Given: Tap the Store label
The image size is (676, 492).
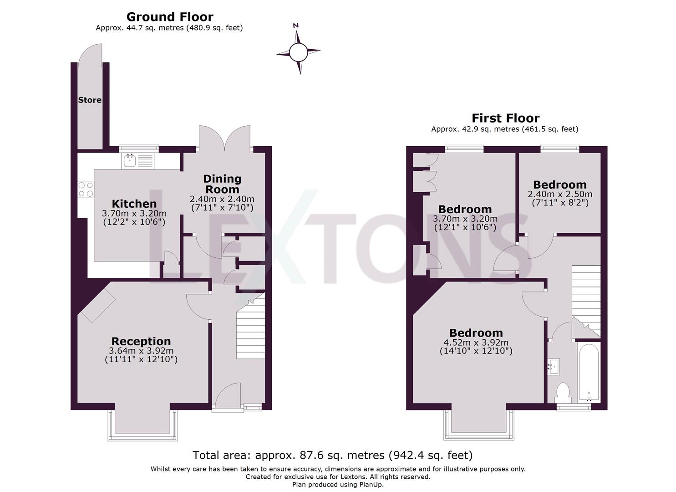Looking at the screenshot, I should point(90,100).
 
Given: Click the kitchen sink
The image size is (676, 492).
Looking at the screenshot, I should point(138,160).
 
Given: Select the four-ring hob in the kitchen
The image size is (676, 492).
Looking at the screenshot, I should point(85,190).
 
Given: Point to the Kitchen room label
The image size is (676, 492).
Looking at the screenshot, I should point(134,204).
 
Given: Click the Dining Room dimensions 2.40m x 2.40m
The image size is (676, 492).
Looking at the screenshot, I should point(222,199).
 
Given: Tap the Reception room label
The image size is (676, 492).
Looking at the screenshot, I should point(141,341).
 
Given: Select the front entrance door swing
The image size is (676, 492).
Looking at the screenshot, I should point(228,395).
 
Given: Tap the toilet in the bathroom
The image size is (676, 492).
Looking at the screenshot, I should point(563,392).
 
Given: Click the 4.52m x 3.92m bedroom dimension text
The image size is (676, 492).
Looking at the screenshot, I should point(476,343).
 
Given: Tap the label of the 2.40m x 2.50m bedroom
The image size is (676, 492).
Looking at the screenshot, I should point(559,184).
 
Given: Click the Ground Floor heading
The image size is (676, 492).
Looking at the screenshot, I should point(169,17).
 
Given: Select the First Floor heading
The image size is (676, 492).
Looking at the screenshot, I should point(505,118).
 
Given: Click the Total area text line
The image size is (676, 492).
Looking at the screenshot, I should point(332,455).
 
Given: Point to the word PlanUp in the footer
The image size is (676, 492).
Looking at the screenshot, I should point(371,485).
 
